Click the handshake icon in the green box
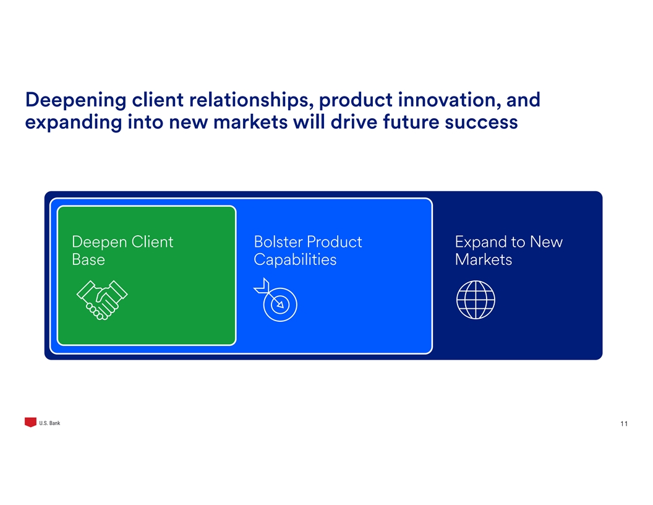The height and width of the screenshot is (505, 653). pyautogui.click(x=101, y=300)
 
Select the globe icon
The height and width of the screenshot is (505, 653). pyautogui.click(x=476, y=300)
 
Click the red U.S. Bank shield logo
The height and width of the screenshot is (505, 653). pyautogui.click(x=30, y=423)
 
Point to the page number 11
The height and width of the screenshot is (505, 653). pyautogui.click(x=623, y=424)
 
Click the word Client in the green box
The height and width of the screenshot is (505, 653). pyautogui.click(x=152, y=242)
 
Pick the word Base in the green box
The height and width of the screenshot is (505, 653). pyautogui.click(x=88, y=260)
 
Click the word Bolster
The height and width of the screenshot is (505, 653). pyautogui.click(x=278, y=242)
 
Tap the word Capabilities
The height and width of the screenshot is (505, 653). pyautogui.click(x=295, y=260)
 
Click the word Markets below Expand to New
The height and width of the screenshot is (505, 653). pyautogui.click(x=483, y=260)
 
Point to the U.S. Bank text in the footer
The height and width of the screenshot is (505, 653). pyautogui.click(x=49, y=423)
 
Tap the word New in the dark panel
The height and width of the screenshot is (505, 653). pyautogui.click(x=546, y=242)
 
